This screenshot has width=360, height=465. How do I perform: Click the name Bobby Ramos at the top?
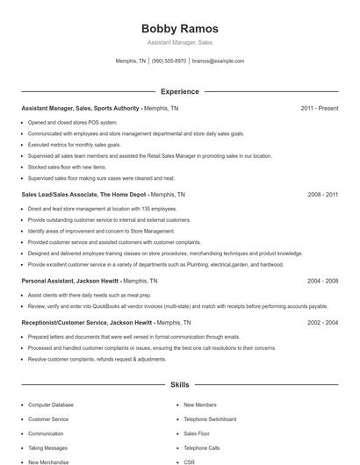pos(180,29)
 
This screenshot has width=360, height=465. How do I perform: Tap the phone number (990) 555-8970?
pos(169,61)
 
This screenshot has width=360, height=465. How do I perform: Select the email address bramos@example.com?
pos(218,61)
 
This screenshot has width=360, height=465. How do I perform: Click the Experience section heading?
pos(180,91)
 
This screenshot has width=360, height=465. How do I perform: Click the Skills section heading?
pos(180,384)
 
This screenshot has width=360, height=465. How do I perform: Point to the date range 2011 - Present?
pos(319,108)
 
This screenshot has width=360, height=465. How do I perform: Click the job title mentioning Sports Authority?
pos(81,108)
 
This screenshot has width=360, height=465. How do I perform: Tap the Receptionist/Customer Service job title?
pos(75,323)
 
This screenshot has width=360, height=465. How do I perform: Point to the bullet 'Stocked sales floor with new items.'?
pos(67,166)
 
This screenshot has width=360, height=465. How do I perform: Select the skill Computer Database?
pos(51,405)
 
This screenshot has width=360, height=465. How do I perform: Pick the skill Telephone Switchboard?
pos(209,419)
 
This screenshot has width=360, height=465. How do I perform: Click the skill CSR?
pos(189,461)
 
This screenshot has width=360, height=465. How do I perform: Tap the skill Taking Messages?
pos(47,447)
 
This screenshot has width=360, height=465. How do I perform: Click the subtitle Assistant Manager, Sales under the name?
pos(180,42)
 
